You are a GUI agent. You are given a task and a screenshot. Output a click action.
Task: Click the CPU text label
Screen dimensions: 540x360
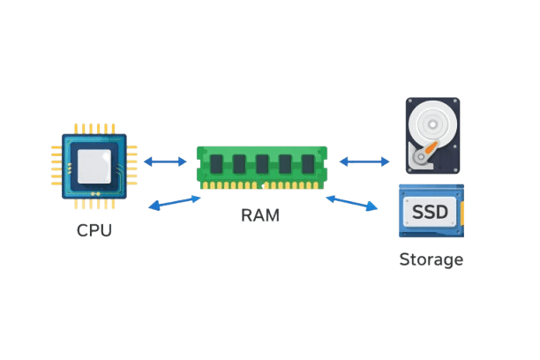coord(94,230)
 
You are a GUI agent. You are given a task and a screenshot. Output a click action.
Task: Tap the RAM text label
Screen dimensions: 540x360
coord(260,215)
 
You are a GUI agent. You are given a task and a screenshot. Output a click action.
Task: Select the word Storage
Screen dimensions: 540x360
coord(431,259)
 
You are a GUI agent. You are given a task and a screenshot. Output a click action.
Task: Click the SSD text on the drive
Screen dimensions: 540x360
coord(430,212)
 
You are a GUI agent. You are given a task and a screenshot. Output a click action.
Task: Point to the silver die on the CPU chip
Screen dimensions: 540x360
coord(94,167)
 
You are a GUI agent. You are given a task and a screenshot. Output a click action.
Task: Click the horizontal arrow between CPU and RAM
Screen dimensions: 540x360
coord(165,161)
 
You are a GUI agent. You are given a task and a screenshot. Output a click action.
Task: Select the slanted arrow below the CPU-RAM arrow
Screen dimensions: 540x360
coord(174,203)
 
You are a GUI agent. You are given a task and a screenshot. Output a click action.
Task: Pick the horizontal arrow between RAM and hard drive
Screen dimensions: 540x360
coord(364,161)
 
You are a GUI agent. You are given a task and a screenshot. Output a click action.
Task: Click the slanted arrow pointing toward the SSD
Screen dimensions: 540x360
coord(352,203)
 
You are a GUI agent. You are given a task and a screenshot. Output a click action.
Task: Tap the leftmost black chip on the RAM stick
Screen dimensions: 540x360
coord(216,164)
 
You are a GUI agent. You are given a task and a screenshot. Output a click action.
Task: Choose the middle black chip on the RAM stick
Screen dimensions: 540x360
coord(262,164)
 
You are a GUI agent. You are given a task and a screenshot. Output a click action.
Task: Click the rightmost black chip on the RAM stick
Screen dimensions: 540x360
coord(308,164)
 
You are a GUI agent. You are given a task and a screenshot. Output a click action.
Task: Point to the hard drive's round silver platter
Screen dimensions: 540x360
coord(433,124)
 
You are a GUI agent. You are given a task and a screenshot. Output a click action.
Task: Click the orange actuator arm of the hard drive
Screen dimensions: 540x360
coord(431,147)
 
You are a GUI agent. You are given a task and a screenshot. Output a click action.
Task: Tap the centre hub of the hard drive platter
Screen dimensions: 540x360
coord(433,124)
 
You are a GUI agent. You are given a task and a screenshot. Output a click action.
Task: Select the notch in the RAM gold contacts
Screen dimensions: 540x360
coord(263,186)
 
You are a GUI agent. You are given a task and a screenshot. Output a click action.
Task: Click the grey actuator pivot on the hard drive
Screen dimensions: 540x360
coord(421,157)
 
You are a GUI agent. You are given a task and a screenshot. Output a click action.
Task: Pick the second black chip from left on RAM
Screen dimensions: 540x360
coord(239,164)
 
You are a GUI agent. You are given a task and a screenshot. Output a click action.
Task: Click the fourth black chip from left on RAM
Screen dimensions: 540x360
coord(285,164)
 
